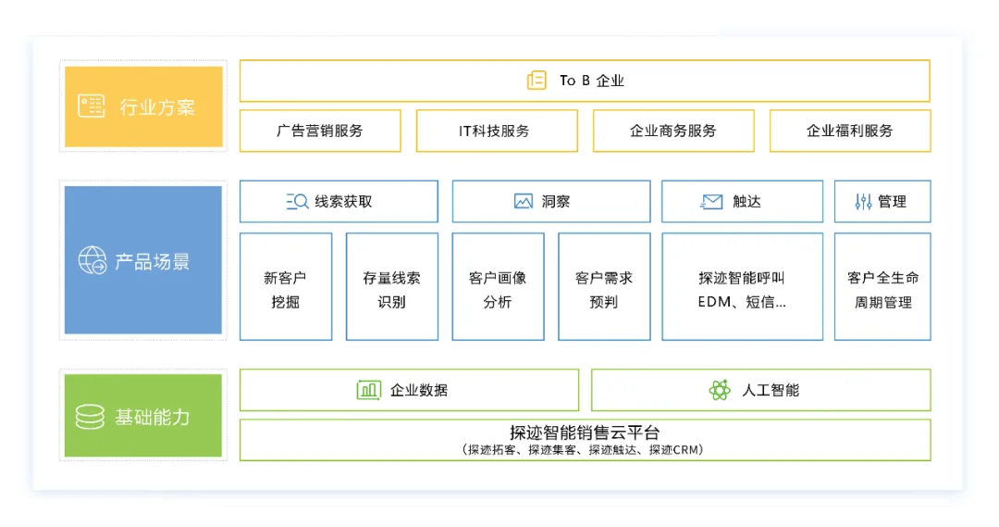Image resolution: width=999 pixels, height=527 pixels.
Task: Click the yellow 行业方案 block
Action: click(143, 107)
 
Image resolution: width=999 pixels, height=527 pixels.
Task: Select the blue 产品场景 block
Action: click(143, 260)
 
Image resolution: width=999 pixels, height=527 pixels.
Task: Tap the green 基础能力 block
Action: click(143, 416)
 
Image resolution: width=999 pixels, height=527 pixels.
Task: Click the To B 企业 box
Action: click(585, 81)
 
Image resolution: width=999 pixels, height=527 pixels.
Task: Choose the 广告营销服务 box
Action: click(320, 131)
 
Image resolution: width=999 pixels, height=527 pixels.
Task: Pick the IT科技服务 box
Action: click(497, 131)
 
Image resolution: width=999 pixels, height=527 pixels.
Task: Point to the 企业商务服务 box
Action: click(673, 131)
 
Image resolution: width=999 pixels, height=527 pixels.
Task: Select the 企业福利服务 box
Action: click(850, 131)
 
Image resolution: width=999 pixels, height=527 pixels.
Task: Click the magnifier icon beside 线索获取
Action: click(297, 201)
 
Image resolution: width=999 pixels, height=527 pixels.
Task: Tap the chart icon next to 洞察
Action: click(524, 201)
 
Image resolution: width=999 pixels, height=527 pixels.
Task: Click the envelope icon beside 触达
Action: click(711, 201)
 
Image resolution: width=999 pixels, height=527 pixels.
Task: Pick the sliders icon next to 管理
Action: click(863, 201)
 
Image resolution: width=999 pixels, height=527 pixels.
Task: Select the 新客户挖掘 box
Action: click(286, 287)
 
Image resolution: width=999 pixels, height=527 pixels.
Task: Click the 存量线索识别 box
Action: click(392, 287)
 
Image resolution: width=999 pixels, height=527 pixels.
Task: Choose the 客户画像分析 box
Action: click(498, 287)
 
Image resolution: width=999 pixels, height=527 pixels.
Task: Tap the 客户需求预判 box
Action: click(604, 287)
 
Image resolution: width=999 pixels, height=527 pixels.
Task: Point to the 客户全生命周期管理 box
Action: click(882, 287)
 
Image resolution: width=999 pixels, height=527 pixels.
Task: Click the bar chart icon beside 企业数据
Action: click(369, 390)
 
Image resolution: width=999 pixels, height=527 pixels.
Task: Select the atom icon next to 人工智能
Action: click(720, 390)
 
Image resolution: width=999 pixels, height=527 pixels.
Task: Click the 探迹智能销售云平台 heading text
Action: click(585, 433)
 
